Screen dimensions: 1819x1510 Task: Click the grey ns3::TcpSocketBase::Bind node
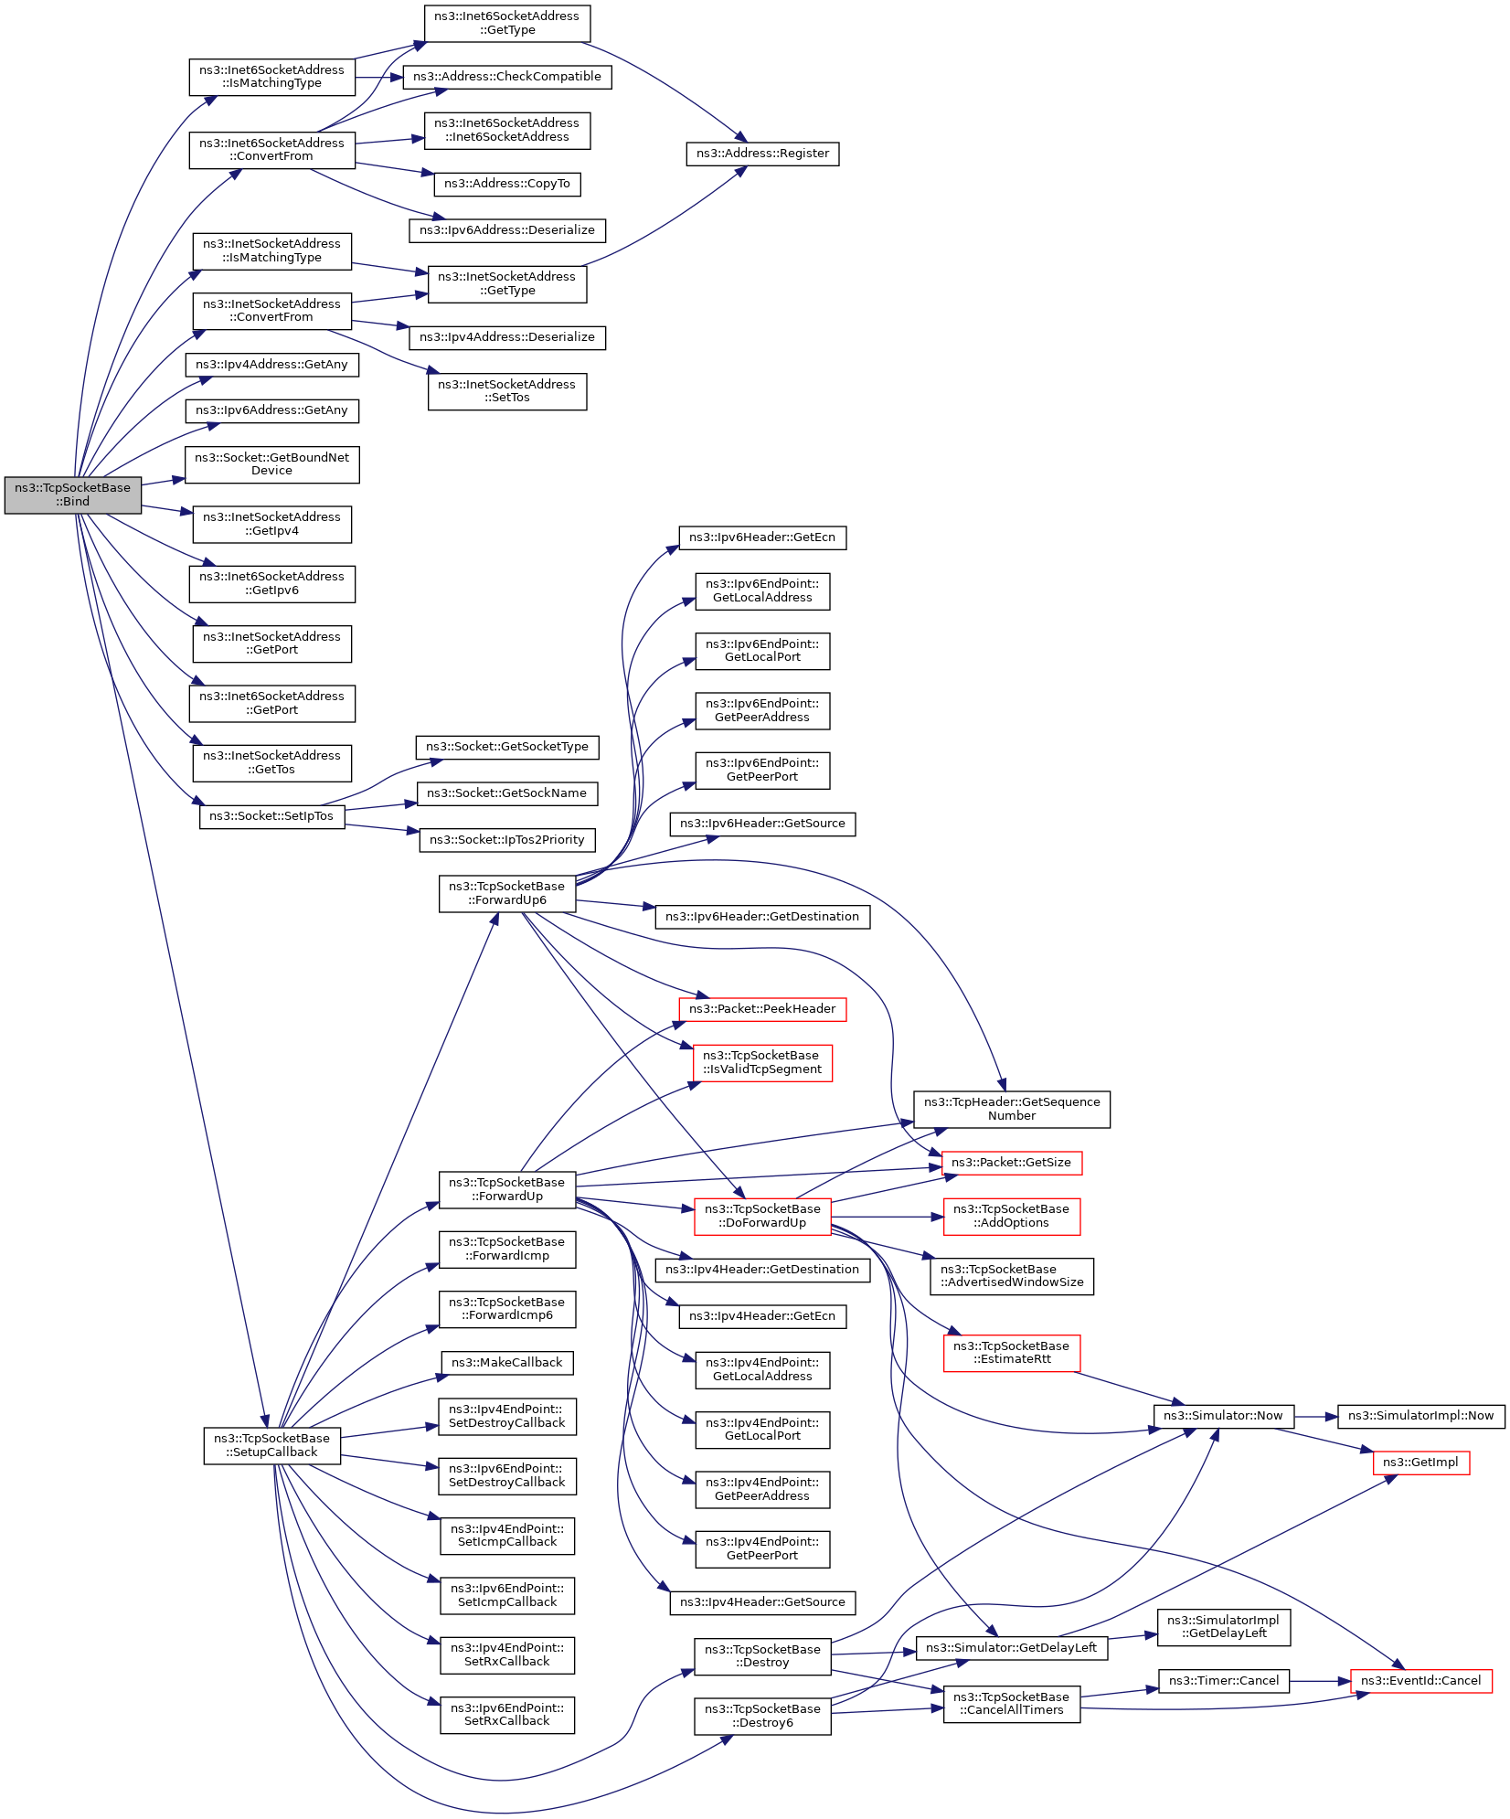tap(72, 495)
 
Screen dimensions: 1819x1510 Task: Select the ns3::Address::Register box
tap(762, 154)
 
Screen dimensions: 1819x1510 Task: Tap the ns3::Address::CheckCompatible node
tap(507, 77)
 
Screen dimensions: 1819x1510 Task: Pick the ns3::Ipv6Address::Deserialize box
tap(507, 230)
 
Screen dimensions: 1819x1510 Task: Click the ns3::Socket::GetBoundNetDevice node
tap(271, 464)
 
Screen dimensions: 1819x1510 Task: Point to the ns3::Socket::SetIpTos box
tap(271, 816)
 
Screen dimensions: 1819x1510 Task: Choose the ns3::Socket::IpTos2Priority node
tap(507, 840)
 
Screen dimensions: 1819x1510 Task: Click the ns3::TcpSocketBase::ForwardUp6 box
tap(507, 893)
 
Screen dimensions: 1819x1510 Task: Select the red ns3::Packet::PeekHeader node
tap(762, 1009)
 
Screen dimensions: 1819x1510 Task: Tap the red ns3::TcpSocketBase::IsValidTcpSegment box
tap(762, 1063)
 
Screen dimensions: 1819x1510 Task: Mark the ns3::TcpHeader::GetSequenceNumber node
tap(1012, 1110)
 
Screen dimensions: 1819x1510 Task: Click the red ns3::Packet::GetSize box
tap(1012, 1163)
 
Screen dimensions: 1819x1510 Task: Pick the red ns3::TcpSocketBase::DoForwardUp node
tap(762, 1216)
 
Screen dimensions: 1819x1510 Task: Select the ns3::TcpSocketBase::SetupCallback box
tap(271, 1445)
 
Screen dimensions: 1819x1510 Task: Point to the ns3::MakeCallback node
tap(507, 1363)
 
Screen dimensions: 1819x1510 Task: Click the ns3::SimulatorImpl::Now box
tap(1420, 1416)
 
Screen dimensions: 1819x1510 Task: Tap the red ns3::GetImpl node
tap(1420, 1463)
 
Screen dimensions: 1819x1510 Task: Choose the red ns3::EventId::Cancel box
tap(1420, 1680)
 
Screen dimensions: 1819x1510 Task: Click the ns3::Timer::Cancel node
tap(1224, 1680)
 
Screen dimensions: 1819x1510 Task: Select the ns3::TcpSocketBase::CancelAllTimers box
tap(1012, 1704)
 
